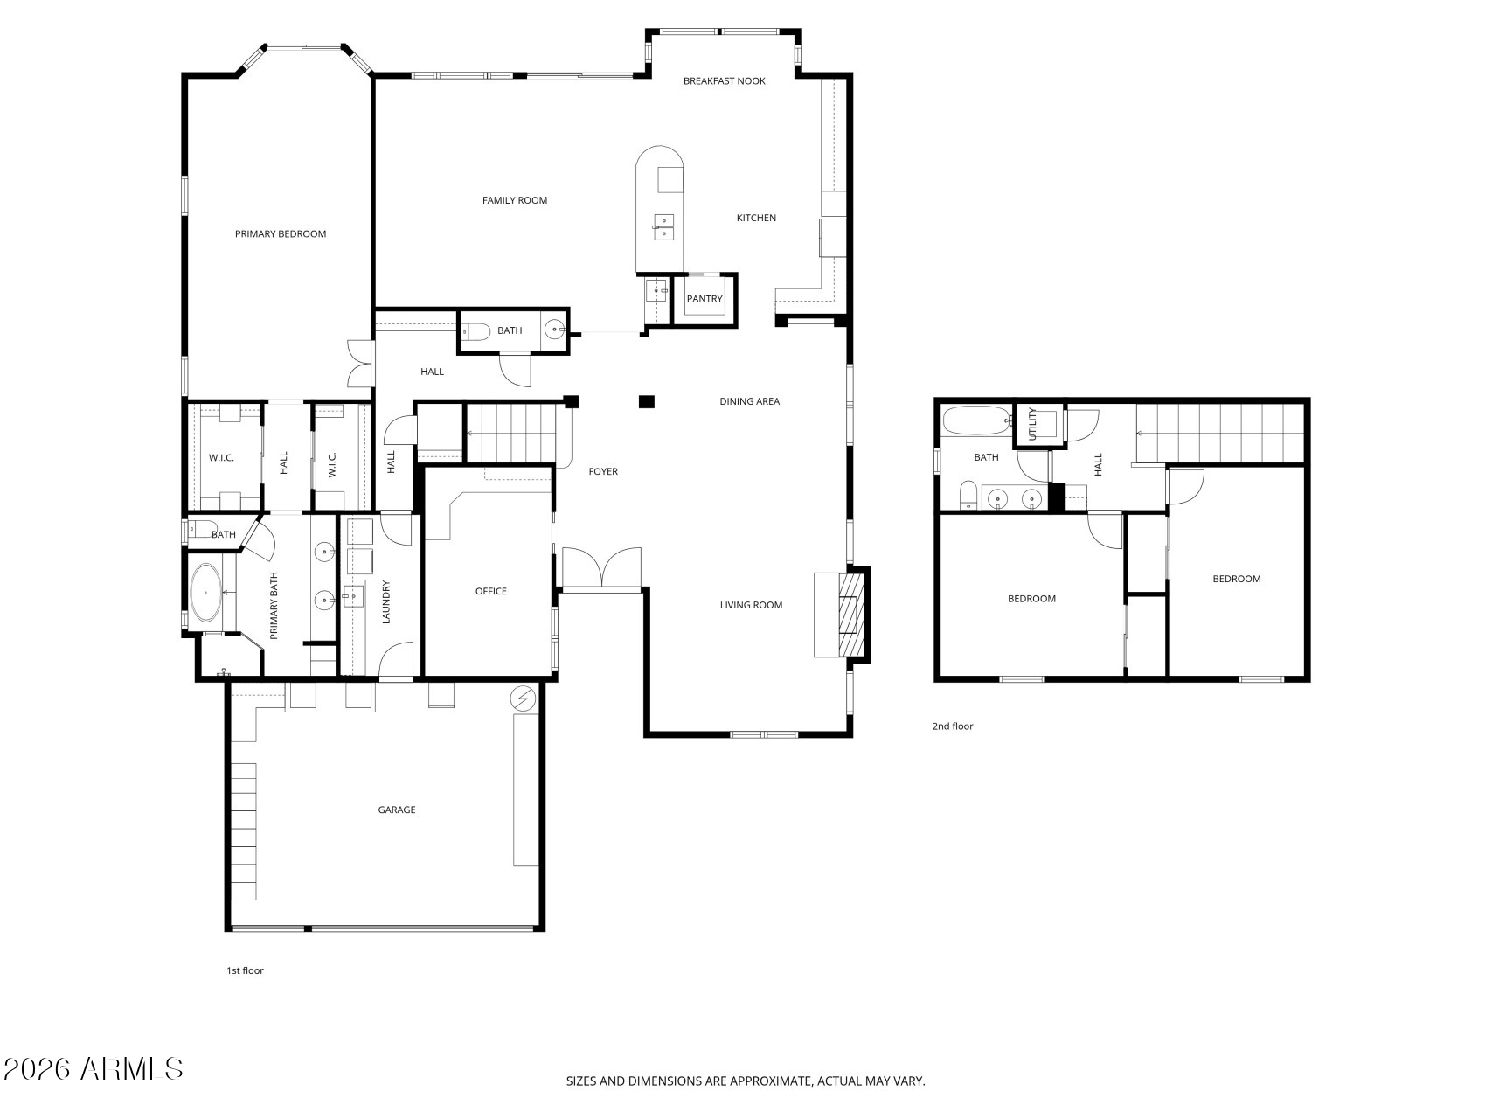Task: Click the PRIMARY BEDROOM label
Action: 281,234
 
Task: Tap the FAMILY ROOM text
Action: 515,200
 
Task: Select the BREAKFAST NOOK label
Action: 724,81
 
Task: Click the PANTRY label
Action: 704,299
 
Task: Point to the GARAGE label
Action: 397,810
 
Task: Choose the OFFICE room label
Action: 491,592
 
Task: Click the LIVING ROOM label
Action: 751,605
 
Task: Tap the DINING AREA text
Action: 749,402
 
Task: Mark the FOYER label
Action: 603,472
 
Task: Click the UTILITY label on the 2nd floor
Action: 1032,424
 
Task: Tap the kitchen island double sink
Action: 663,226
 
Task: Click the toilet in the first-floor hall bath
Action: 474,331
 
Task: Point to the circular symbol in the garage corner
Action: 523,699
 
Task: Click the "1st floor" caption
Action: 245,970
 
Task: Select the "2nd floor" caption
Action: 953,726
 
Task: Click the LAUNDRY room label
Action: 385,602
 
